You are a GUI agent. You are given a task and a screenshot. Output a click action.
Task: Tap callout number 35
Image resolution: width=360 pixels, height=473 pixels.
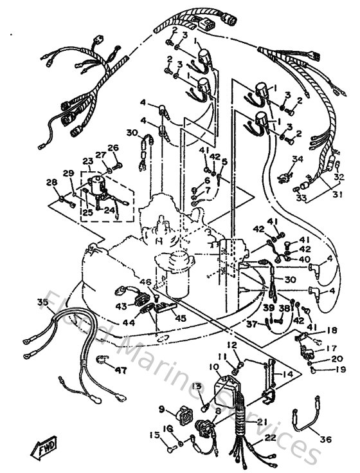coord(43,302)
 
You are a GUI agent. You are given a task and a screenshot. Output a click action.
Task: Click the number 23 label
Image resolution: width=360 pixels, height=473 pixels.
coord(87,161)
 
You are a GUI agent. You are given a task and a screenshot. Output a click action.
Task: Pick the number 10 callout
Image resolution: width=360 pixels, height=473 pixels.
coord(213,367)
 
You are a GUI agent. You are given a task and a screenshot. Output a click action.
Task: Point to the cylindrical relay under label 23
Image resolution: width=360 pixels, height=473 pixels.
coord(98,187)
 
